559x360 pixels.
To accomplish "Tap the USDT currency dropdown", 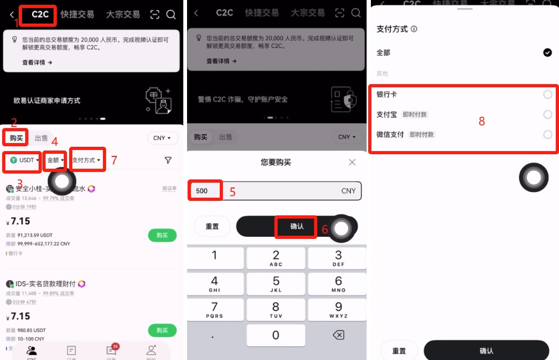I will [x=25, y=160].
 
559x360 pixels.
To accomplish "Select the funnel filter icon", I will [x=168, y=160].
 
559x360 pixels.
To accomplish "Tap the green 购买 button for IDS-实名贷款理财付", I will [x=162, y=330].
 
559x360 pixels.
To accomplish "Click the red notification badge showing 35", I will [x=115, y=347].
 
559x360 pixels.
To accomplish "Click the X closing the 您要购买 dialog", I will [x=352, y=162].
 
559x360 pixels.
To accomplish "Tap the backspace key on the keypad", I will [x=338, y=335].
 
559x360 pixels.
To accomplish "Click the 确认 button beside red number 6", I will [x=297, y=227].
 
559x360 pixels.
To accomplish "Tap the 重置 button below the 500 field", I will [x=212, y=227].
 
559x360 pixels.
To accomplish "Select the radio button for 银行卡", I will [x=547, y=95].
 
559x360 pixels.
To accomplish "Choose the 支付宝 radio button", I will [x=547, y=115].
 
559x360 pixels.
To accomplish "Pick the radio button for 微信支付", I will [x=547, y=134].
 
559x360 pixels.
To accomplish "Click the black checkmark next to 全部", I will [x=547, y=52].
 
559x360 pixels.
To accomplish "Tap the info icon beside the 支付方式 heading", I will [x=414, y=29].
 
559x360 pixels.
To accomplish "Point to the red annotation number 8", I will [x=482, y=122].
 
